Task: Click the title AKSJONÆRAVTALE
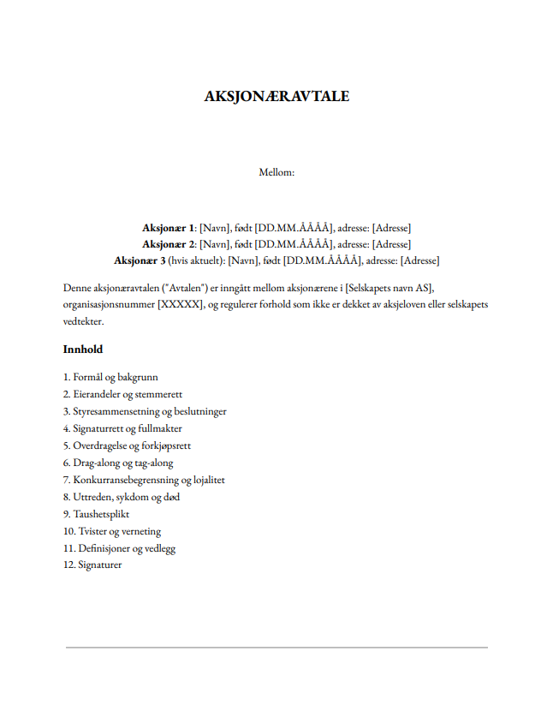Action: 276,96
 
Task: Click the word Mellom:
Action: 276,172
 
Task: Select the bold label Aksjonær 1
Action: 169,228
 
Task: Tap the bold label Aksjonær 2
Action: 169,244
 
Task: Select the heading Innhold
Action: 83,350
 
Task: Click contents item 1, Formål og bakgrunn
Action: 110,377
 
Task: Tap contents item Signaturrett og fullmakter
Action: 122,428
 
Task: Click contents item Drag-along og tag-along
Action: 118,463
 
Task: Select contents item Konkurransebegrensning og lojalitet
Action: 144,480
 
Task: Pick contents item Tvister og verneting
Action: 112,531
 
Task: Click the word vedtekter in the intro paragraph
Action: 83,321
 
